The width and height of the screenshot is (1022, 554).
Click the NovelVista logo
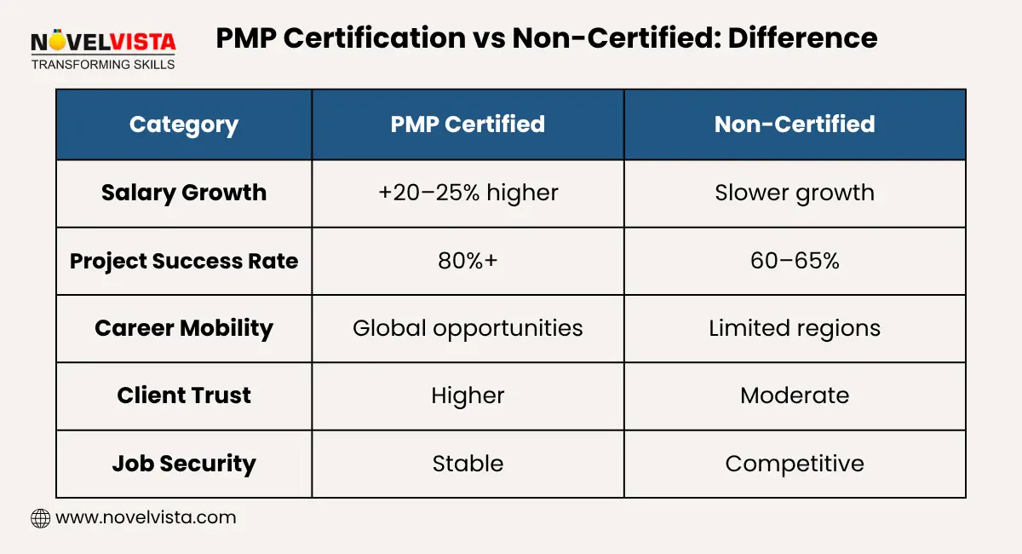102,49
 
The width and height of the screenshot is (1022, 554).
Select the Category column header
184,124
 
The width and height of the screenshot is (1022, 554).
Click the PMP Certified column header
468,124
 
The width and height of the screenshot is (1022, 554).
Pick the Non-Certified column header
795,124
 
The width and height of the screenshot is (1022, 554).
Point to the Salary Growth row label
184,193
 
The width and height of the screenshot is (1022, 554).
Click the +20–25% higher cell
468,193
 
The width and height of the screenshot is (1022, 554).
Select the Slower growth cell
795,193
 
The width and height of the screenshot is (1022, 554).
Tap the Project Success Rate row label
184,261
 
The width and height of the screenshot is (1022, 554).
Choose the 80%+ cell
468,261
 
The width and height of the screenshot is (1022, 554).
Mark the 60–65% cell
795,261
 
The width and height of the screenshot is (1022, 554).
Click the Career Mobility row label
184,328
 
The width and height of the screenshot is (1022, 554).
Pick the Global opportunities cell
468,328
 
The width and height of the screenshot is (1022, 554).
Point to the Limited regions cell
795,328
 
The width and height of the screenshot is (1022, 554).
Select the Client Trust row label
184,395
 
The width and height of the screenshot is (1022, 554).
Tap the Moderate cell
795,395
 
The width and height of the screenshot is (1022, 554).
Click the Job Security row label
184,464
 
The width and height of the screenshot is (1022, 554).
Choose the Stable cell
468,464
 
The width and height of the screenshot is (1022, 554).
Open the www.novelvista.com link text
146,517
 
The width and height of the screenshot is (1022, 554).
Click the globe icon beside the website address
40,518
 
